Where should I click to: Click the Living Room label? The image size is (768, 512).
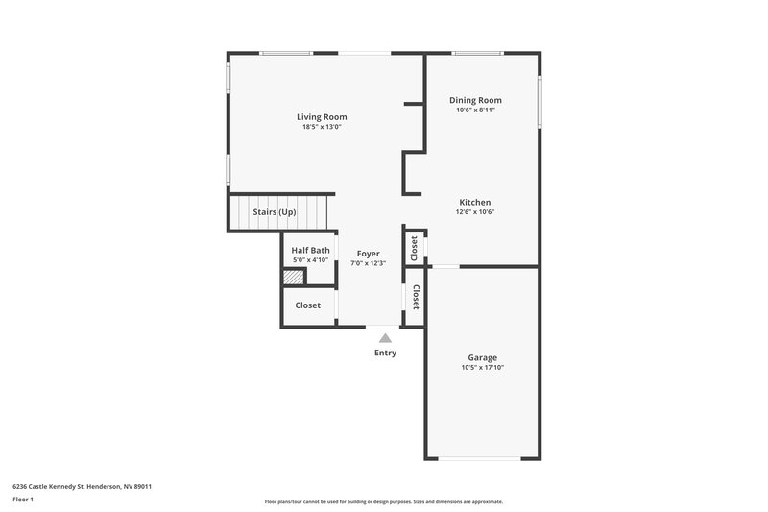[322, 116]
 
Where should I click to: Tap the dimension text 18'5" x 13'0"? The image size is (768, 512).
[322, 127]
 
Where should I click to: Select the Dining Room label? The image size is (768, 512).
[475, 100]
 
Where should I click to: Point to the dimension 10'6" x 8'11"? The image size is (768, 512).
[475, 110]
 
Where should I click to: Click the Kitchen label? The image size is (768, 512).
[475, 202]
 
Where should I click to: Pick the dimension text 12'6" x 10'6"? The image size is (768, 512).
[475, 212]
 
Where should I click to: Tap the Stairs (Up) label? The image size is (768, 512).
[274, 211]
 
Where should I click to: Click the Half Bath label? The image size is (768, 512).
[310, 250]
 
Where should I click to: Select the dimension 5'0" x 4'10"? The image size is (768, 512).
[310, 260]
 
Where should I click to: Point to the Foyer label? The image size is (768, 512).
[369, 254]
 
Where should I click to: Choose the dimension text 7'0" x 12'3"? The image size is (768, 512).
[369, 263]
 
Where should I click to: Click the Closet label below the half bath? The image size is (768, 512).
[308, 305]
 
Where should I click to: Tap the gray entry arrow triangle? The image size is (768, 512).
[385, 338]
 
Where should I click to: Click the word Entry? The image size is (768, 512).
[385, 353]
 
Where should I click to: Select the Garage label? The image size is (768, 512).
[483, 357]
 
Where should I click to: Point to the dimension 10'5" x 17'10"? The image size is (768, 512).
[483, 367]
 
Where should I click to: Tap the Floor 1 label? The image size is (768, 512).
[24, 500]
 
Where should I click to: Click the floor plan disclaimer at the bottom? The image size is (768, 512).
[383, 501]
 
